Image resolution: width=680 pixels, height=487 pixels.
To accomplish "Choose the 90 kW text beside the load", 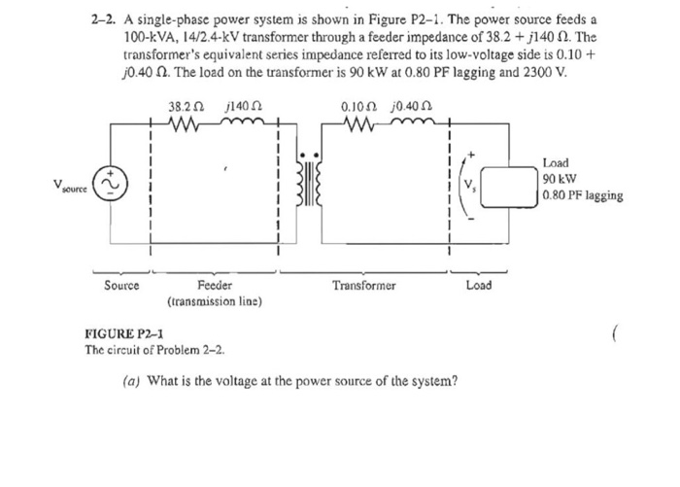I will [x=561, y=179].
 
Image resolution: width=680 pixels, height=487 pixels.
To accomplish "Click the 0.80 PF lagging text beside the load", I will [x=583, y=195].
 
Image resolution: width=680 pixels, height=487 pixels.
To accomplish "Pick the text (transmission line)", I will [x=215, y=302].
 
